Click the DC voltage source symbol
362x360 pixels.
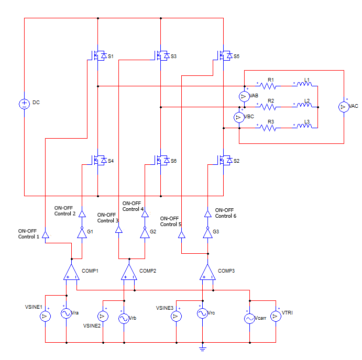(24, 103)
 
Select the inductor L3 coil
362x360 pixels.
(304, 127)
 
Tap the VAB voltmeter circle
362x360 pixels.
(244, 96)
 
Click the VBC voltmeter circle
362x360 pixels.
(238, 117)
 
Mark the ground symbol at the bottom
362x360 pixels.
(202, 347)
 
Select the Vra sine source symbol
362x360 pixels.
(66, 313)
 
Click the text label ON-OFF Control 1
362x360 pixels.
(27, 234)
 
